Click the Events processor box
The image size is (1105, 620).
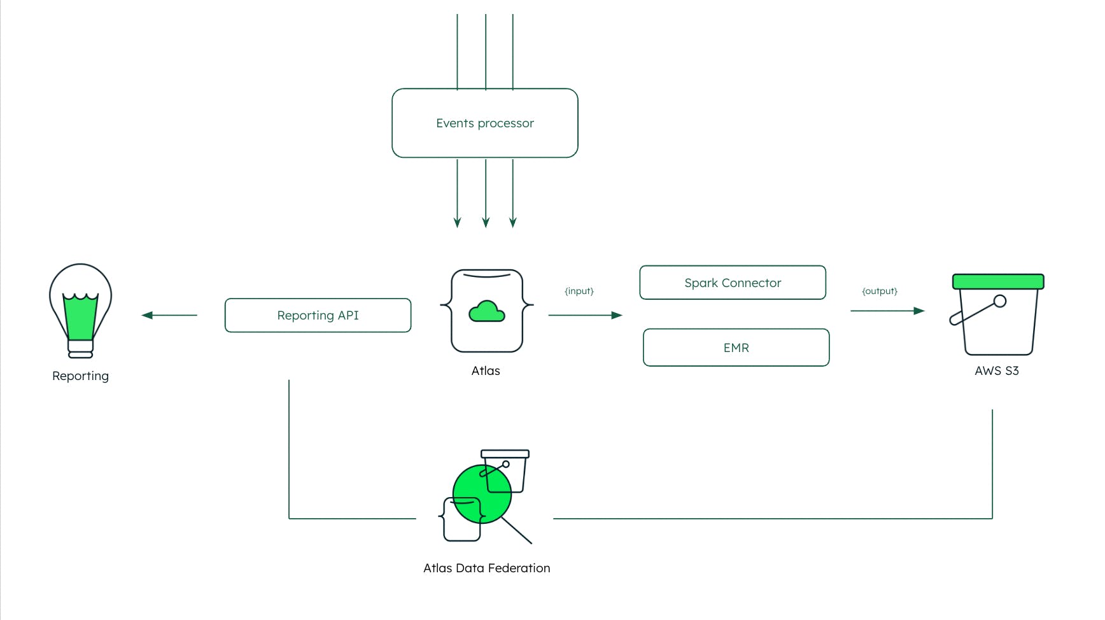(x=484, y=123)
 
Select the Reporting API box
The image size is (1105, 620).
(x=318, y=315)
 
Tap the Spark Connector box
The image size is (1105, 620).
(x=732, y=283)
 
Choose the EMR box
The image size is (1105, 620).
(x=736, y=348)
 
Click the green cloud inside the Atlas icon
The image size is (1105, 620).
(x=486, y=311)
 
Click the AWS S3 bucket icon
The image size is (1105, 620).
(x=997, y=315)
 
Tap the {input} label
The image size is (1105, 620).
(x=579, y=291)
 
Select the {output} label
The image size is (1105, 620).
(x=879, y=291)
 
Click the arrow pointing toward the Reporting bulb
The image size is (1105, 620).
(x=169, y=315)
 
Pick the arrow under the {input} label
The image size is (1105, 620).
(x=584, y=315)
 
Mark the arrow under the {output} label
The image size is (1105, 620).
(x=887, y=311)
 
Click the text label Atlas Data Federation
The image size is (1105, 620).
(x=486, y=568)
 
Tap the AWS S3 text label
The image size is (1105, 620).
(x=996, y=370)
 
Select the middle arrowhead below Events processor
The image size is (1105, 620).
(x=486, y=222)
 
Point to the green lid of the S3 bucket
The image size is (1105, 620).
(x=997, y=281)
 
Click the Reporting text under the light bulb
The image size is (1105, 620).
(x=80, y=376)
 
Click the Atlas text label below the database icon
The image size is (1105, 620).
(x=485, y=370)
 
